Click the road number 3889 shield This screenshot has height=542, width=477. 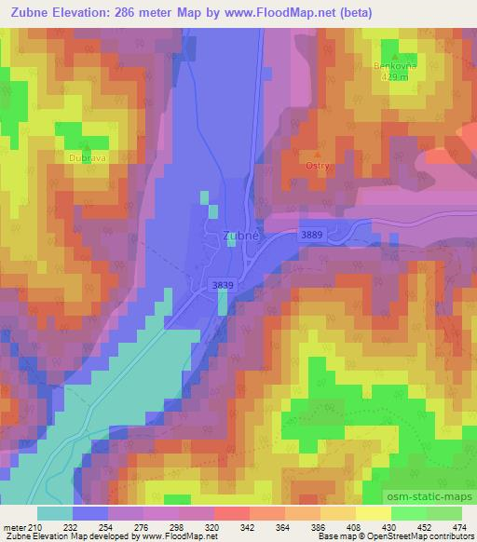[312, 237]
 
